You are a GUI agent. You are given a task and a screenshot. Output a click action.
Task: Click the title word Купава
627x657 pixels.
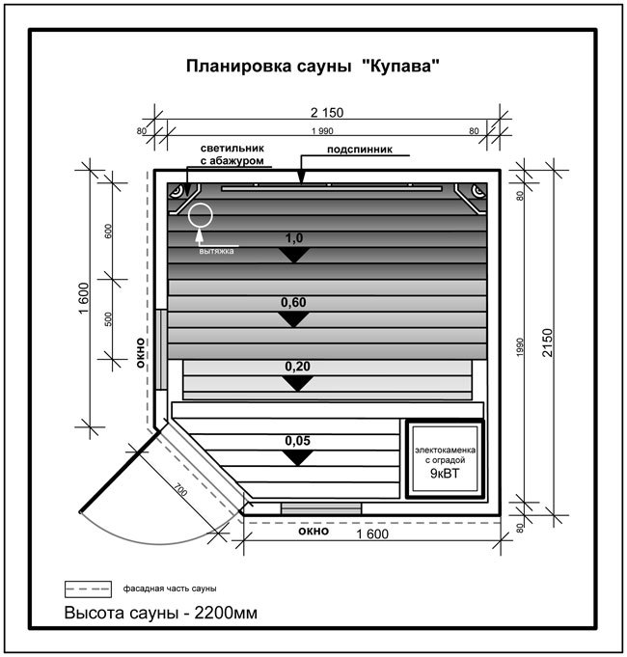point(401,67)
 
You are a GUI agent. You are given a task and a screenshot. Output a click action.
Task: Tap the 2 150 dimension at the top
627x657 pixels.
point(327,112)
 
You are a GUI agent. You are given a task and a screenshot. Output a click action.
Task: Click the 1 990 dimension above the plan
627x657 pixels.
point(322,131)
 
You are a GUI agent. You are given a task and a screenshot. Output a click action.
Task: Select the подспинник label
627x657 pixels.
point(360,150)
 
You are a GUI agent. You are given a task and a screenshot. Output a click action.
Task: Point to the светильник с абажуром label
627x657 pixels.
point(232,154)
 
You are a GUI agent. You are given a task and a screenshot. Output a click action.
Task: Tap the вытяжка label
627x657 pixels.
point(216,252)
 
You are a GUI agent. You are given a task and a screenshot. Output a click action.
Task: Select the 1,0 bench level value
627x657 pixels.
point(293,238)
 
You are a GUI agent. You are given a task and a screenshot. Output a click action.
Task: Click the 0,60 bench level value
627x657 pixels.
point(293,302)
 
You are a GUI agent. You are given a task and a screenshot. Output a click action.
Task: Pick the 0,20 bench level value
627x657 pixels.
point(297,367)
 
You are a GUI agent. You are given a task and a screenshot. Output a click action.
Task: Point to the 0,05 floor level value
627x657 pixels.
point(297,441)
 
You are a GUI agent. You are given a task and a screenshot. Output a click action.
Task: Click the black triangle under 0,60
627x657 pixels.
point(293,318)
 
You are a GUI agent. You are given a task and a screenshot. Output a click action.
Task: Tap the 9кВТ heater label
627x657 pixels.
point(445,474)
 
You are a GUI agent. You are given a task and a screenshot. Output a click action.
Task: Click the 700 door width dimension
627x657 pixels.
point(180,490)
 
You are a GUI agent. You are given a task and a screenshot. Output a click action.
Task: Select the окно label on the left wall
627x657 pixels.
point(140,353)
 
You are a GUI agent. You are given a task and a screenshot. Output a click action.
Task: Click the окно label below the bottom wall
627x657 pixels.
point(313,532)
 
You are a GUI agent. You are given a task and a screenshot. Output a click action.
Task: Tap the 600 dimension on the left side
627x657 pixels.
point(108,232)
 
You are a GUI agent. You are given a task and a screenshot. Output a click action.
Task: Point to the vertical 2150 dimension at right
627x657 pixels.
point(548,342)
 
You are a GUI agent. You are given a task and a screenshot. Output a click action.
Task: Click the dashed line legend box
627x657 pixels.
point(88,589)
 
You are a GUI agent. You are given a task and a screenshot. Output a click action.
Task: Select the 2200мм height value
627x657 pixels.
point(226,613)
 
